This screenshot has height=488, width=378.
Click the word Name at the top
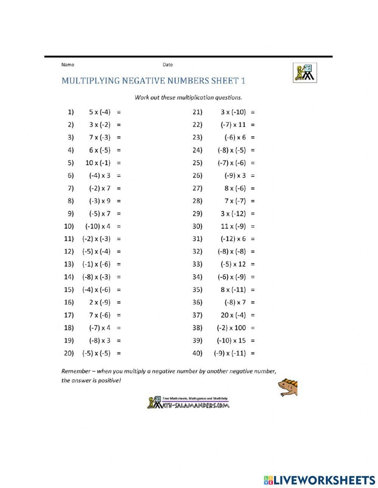[x=68, y=65]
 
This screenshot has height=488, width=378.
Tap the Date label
[x=167, y=65]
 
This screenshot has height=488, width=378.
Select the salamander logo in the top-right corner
[x=305, y=73]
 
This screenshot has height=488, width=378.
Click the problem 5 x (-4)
[x=100, y=112]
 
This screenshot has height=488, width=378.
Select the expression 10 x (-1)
[x=98, y=163]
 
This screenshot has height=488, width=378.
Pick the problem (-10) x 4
[x=98, y=226]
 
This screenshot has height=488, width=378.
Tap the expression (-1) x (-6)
[x=96, y=264]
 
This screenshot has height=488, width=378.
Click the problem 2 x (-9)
[x=100, y=302]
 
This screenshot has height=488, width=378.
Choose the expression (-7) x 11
[x=233, y=125]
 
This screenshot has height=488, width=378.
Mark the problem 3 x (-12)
[x=233, y=214]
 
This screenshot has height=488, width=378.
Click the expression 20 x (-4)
[x=233, y=315]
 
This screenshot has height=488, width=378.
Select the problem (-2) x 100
[x=231, y=328]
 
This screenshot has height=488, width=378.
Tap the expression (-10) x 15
[x=231, y=341]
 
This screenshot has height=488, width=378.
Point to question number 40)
[x=197, y=353]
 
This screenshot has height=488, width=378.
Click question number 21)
[x=197, y=112]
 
